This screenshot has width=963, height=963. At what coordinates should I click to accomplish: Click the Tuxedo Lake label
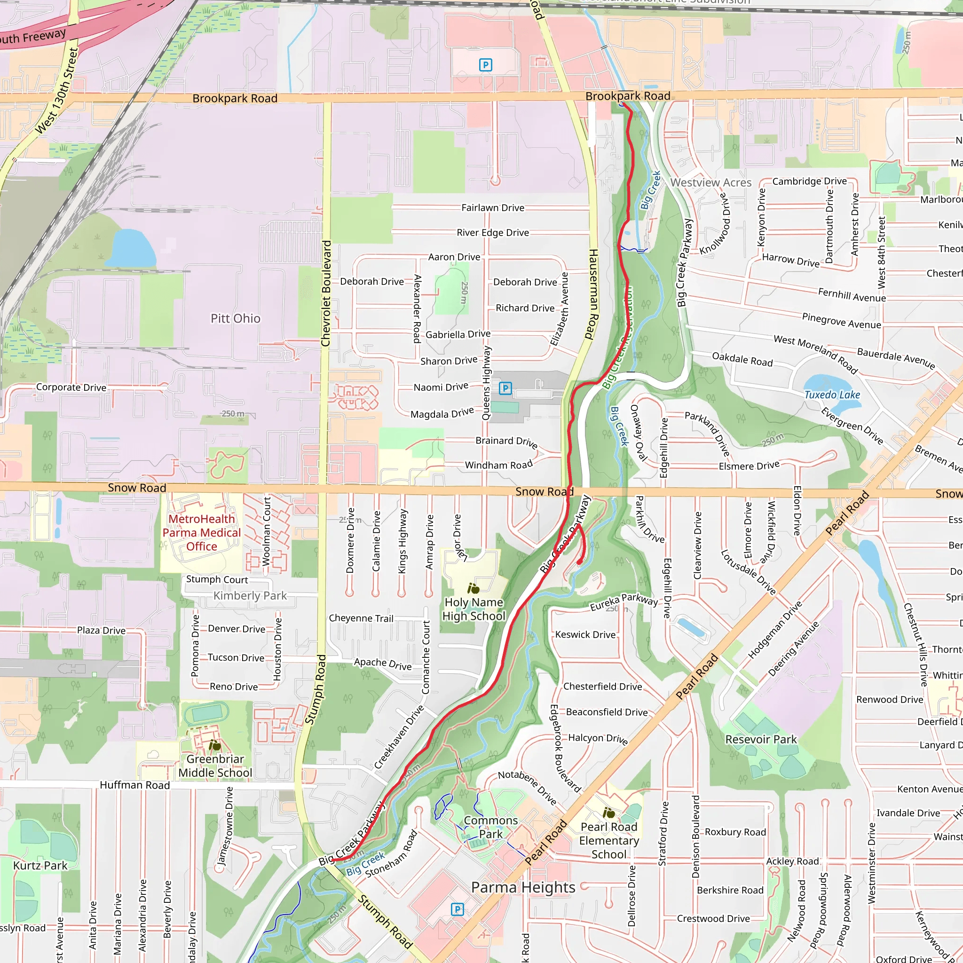[832, 395]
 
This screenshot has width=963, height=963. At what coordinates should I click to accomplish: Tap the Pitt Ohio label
[235, 318]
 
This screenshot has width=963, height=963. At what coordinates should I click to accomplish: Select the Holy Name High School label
[474, 609]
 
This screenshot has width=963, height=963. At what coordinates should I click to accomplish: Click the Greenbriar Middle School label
[215, 766]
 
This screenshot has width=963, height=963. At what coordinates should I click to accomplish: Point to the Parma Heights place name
[523, 887]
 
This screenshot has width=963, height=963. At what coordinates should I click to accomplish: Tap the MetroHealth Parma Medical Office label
[201, 532]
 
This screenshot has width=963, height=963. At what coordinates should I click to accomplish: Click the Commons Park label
[490, 827]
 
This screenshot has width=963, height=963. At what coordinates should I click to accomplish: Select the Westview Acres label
[710, 182]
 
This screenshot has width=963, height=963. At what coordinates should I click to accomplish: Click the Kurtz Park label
[40, 865]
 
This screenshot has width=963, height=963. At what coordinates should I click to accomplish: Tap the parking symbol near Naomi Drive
[505, 388]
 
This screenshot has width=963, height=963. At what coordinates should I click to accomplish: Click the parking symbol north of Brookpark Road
[485, 65]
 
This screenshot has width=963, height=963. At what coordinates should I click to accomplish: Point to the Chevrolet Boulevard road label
[326, 293]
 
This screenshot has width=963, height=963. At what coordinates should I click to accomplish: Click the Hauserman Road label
[592, 294]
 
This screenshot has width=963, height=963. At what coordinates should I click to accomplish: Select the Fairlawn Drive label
[492, 208]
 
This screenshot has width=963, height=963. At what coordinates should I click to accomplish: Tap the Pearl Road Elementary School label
[608, 840]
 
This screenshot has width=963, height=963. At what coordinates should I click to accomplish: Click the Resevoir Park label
[761, 739]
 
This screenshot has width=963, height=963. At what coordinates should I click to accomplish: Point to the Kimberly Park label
[250, 596]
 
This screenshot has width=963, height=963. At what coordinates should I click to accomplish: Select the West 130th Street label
[57, 91]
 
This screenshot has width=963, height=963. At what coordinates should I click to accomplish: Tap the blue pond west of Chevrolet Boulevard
[131, 248]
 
